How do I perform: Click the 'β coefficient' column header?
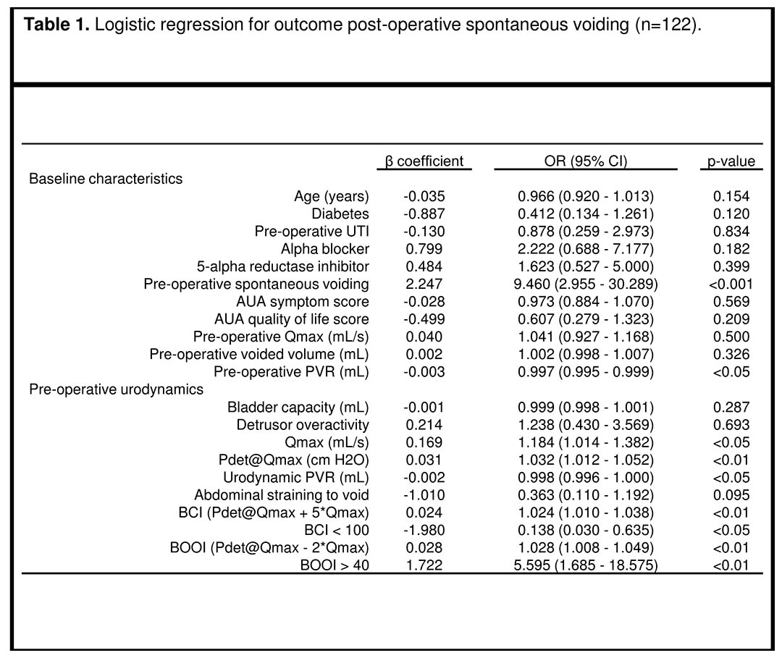point(424,161)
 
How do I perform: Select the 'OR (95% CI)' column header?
point(586,161)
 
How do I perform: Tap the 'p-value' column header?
point(731,161)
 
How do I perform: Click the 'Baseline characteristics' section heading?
point(106,179)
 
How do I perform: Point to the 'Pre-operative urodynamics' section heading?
point(116,389)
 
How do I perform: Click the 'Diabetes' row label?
point(340,214)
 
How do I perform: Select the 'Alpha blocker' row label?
point(324,249)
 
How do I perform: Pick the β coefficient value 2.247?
point(424,284)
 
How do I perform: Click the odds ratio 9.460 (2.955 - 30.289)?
point(586,284)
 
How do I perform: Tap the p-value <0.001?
point(731,284)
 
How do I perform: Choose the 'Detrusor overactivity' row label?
point(303,425)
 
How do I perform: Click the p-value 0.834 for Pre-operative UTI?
point(731,232)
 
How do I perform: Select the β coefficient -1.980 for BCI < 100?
point(424,530)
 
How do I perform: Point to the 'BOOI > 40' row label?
point(335,565)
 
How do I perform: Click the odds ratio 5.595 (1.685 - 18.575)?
point(586,565)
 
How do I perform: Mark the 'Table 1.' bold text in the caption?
point(57,25)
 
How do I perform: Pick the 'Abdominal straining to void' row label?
point(282,495)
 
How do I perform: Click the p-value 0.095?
point(731,495)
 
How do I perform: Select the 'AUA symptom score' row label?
point(303,302)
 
